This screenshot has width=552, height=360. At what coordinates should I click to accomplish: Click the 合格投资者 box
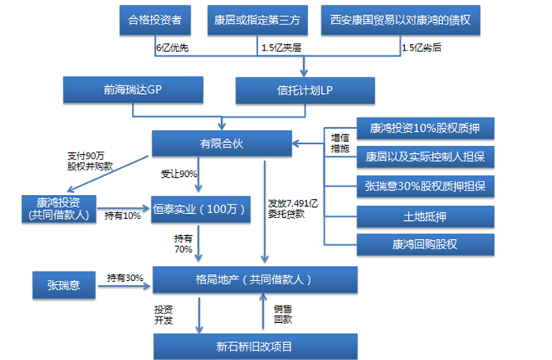(x=156, y=20)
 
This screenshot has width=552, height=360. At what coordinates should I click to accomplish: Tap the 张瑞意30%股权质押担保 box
(x=426, y=186)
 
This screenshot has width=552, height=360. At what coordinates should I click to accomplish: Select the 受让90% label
(x=178, y=173)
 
